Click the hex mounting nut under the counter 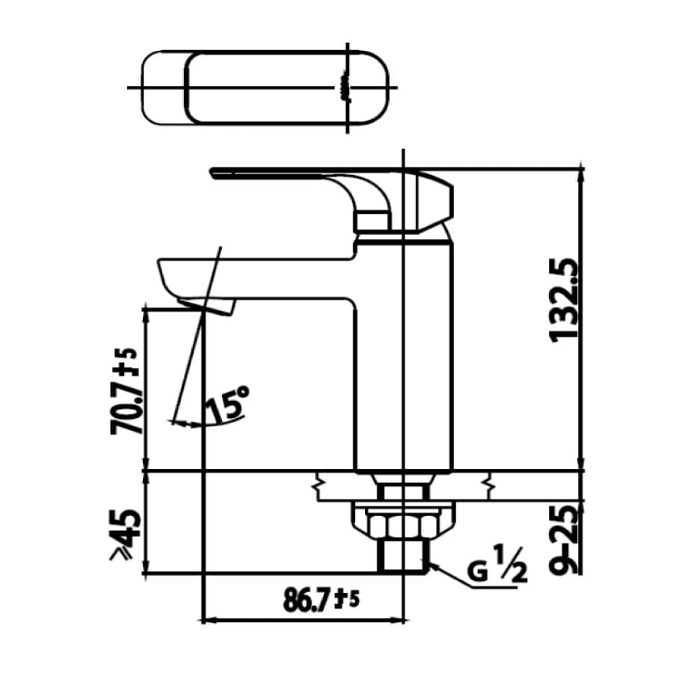point(404,521)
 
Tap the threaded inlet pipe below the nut point(404,556)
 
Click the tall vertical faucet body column point(404,351)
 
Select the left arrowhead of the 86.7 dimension point(209,620)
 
